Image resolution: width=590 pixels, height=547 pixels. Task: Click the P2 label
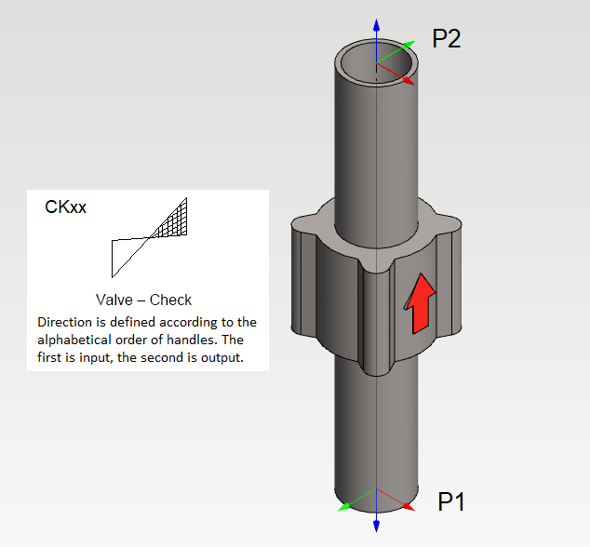(447, 39)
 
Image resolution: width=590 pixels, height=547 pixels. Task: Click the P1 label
(451, 502)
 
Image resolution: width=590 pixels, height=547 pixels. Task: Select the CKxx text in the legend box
(66, 207)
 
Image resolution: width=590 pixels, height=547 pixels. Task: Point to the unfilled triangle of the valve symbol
(125, 254)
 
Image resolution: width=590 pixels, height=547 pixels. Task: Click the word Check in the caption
(169, 300)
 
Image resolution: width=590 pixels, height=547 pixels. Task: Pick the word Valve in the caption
(114, 300)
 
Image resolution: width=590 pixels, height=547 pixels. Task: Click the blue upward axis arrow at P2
(376, 23)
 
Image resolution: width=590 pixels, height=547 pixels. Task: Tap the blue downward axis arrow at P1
(376, 526)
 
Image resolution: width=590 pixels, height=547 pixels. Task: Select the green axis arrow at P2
(407, 45)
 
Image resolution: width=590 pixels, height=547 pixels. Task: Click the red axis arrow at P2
(407, 80)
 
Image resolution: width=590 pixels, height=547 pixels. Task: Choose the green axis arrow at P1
(345, 506)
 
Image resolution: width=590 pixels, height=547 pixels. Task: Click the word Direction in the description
(65, 322)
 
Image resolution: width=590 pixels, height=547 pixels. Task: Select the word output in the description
(221, 357)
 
